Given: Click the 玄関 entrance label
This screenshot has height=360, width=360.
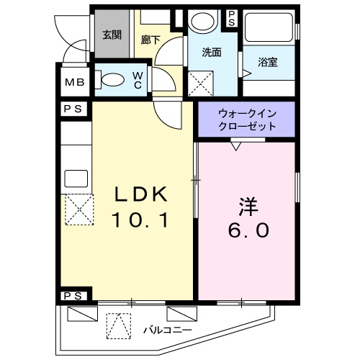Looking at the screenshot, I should coord(111,35).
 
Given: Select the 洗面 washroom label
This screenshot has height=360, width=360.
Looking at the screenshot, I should coord(211,53).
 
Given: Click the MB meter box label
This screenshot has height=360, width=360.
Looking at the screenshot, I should coord(76,82).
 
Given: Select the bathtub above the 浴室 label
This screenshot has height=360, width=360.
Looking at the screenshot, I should coord(270,27).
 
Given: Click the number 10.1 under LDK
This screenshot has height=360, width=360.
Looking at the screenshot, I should coord(142,220).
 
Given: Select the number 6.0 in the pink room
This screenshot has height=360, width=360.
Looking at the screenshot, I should coord(246,230).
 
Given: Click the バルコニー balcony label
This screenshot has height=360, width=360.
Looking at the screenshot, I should coord(166,330).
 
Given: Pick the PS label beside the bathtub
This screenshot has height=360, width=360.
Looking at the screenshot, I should coord(232,17).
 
